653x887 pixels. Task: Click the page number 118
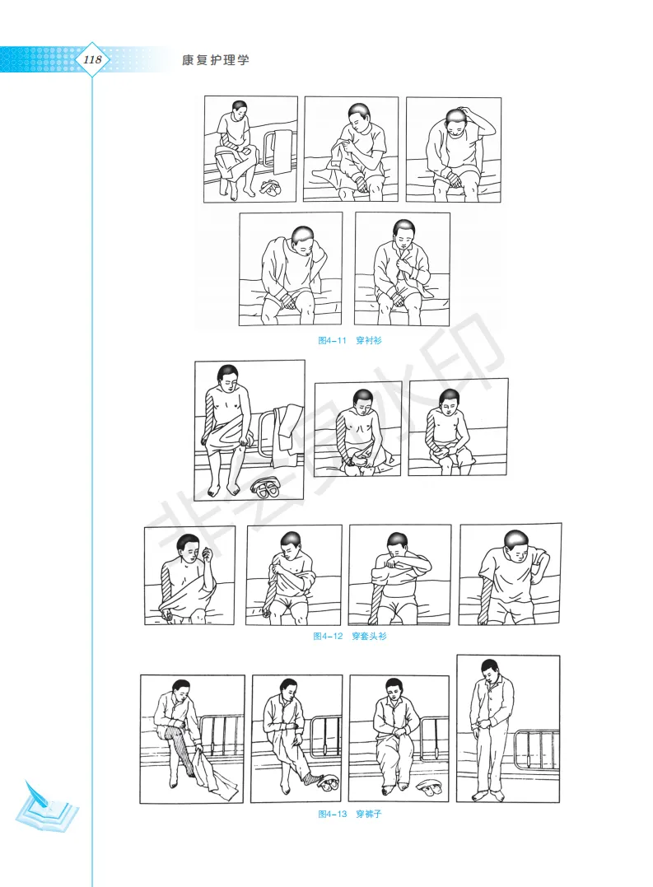(x=92, y=59)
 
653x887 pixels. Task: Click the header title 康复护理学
(x=216, y=60)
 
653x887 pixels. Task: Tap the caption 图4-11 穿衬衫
(x=349, y=340)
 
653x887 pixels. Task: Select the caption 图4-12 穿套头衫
(x=350, y=636)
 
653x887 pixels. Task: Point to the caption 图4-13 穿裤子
(x=349, y=814)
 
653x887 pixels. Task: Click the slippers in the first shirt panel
(x=270, y=187)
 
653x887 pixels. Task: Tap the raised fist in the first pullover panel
(x=207, y=553)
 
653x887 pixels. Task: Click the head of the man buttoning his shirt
(x=403, y=233)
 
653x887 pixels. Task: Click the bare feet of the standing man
(x=488, y=796)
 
